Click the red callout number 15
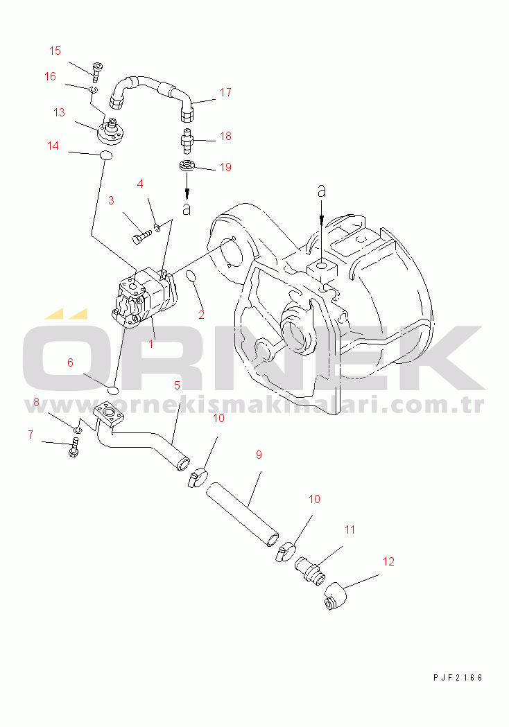[x=55, y=51]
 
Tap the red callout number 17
[x=225, y=92]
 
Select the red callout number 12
[x=388, y=561]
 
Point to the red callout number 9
[x=259, y=455]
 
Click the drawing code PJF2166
[x=458, y=677]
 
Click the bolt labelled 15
[x=98, y=71]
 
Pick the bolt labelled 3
[x=141, y=236]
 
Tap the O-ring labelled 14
[x=106, y=155]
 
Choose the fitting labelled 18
[x=187, y=141]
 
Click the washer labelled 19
[x=187, y=166]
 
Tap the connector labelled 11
[x=310, y=570]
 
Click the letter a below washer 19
[x=187, y=209]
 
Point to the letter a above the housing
[x=322, y=191]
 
